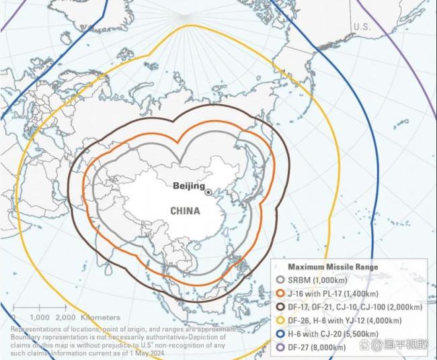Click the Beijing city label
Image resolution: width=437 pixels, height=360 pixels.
tap(188, 185)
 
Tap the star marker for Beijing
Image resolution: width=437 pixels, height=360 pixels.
tap(208, 193)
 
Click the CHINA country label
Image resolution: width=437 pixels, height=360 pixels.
tap(185, 210)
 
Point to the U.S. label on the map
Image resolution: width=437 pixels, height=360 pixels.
tap(362, 27)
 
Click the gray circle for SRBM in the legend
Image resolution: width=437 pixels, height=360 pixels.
tap(280, 280)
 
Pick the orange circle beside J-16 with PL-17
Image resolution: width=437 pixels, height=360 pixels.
tap(280, 294)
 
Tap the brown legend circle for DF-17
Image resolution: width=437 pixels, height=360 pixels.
tap(280, 307)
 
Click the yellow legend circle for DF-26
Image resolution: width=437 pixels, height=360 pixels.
tap(280, 320)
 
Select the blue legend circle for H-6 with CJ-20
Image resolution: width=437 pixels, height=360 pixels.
tap(280, 334)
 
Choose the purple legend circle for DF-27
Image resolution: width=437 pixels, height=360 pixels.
tap(280, 347)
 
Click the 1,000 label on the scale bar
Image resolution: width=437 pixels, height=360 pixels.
tap(40, 317)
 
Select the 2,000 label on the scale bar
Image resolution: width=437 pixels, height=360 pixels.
tap(66, 317)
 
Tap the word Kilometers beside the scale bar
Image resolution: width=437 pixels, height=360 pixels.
tap(101, 317)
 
